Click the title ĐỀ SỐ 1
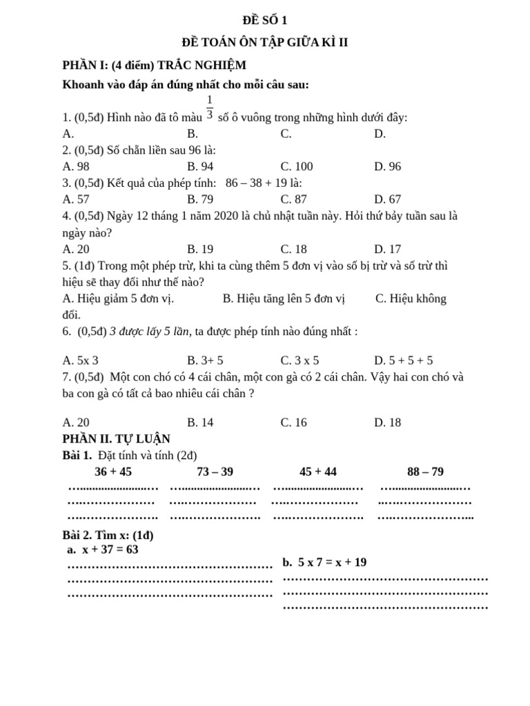265,21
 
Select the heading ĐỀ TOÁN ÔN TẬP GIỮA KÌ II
265,43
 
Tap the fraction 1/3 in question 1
210,108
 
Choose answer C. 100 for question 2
297,166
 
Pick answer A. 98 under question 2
76,166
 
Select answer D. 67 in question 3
387,199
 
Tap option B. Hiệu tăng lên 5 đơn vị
284,299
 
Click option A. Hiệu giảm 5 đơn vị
118,299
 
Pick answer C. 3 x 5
300,360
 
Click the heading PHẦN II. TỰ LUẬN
116,438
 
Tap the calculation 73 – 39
215,472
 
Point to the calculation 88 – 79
425,472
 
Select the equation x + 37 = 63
110,549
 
